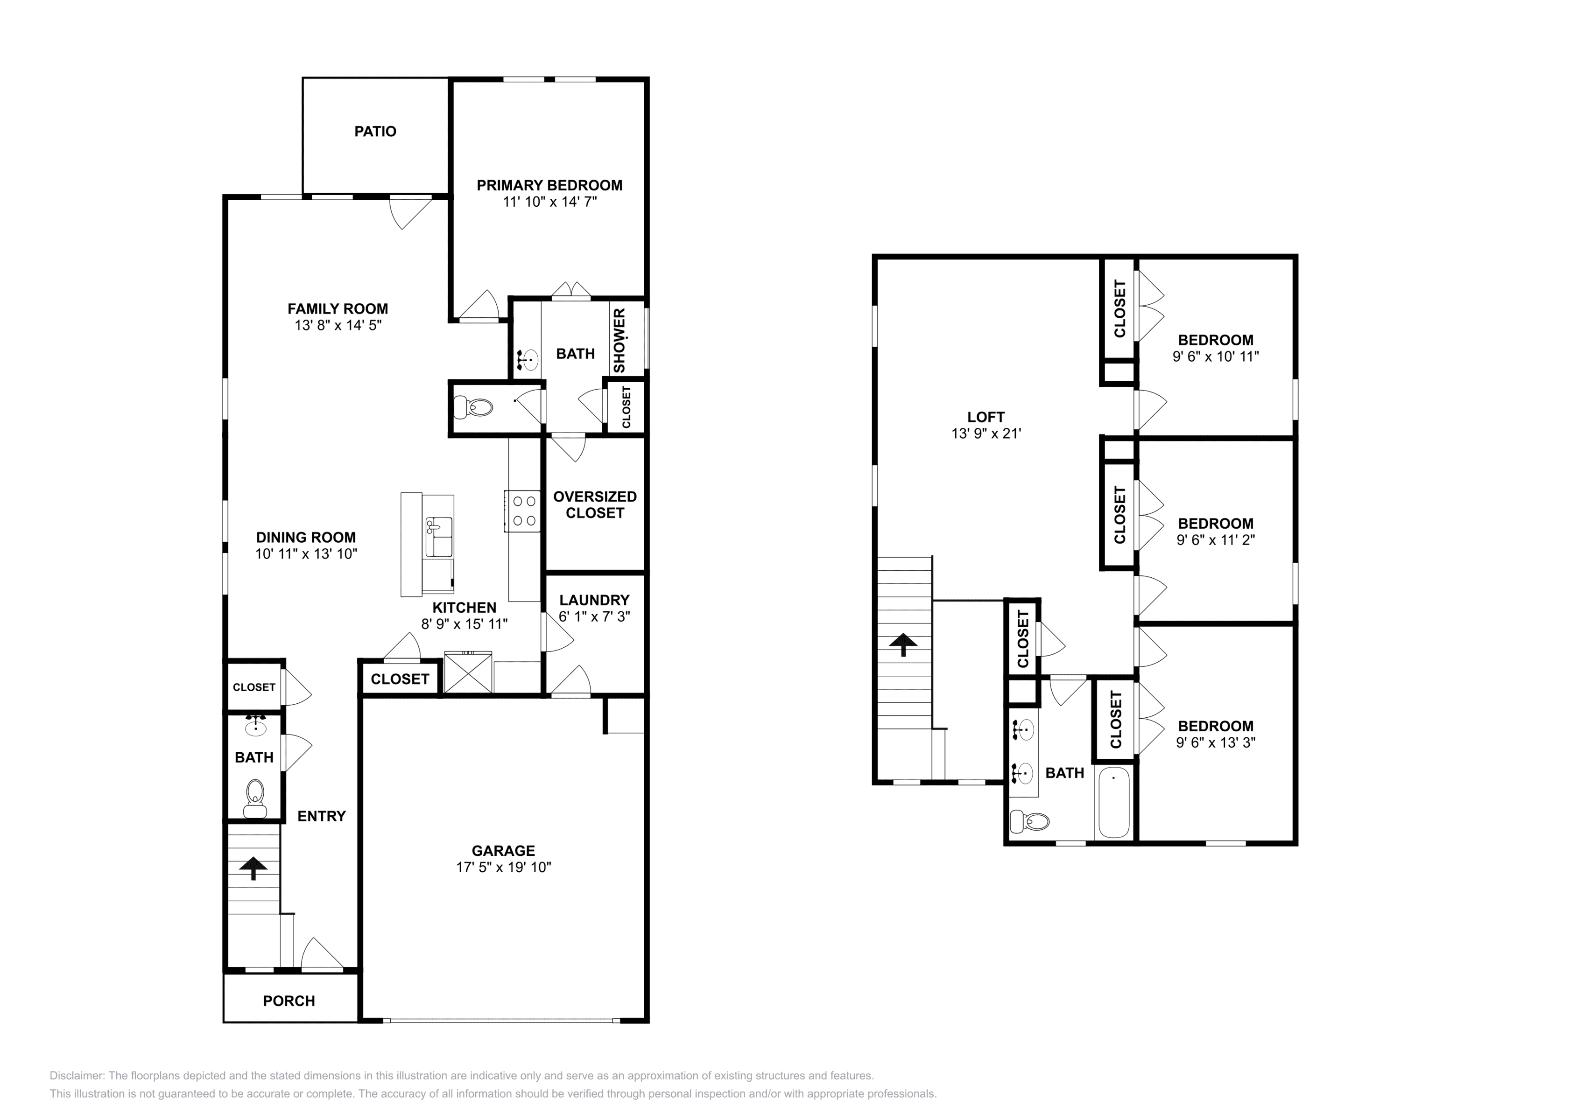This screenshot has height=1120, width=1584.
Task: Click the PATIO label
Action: click(375, 131)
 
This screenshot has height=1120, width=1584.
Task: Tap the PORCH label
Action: click(289, 1001)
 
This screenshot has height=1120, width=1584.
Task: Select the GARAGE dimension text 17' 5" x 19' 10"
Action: click(504, 867)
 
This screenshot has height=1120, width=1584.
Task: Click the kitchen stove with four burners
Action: click(522, 511)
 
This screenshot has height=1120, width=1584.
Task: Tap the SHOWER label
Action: click(619, 341)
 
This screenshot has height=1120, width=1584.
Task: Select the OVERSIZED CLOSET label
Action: click(595, 505)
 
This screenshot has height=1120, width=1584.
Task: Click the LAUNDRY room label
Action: click(595, 600)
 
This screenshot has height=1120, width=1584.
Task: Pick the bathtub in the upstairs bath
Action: click(1113, 802)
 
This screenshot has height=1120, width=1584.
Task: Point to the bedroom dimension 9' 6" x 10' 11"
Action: click(1216, 357)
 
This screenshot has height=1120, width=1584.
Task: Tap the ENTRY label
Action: click(322, 816)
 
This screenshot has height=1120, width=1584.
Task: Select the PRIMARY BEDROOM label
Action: click(550, 185)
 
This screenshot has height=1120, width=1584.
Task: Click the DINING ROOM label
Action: click(306, 537)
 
